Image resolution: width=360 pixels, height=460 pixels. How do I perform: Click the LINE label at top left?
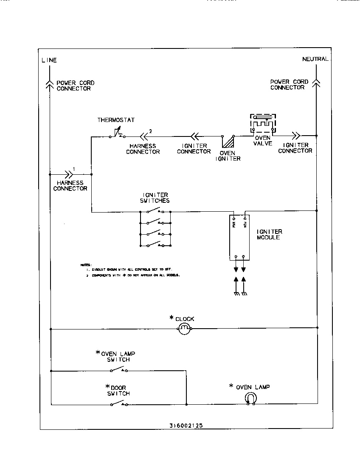[x=49, y=60]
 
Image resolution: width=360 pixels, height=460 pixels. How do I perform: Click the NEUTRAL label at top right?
[x=315, y=59]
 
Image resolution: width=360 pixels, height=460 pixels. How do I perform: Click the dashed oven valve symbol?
[x=263, y=124]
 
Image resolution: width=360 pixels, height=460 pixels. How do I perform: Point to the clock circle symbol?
[x=185, y=329]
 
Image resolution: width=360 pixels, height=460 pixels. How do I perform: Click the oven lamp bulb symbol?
[x=251, y=399]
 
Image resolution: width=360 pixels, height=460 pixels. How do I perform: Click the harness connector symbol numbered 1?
[x=68, y=174]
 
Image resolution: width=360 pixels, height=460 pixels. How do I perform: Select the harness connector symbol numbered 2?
[x=144, y=136]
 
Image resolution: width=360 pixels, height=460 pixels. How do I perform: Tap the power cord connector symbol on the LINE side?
[x=50, y=83]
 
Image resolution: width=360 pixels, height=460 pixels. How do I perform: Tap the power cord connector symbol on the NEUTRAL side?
[x=316, y=82]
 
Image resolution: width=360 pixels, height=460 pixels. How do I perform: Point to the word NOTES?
[x=85, y=264]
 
